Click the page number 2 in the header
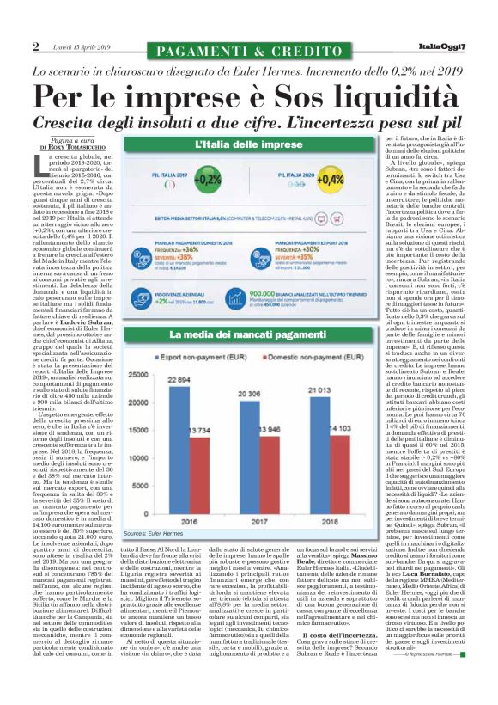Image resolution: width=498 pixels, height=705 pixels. (35, 46)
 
